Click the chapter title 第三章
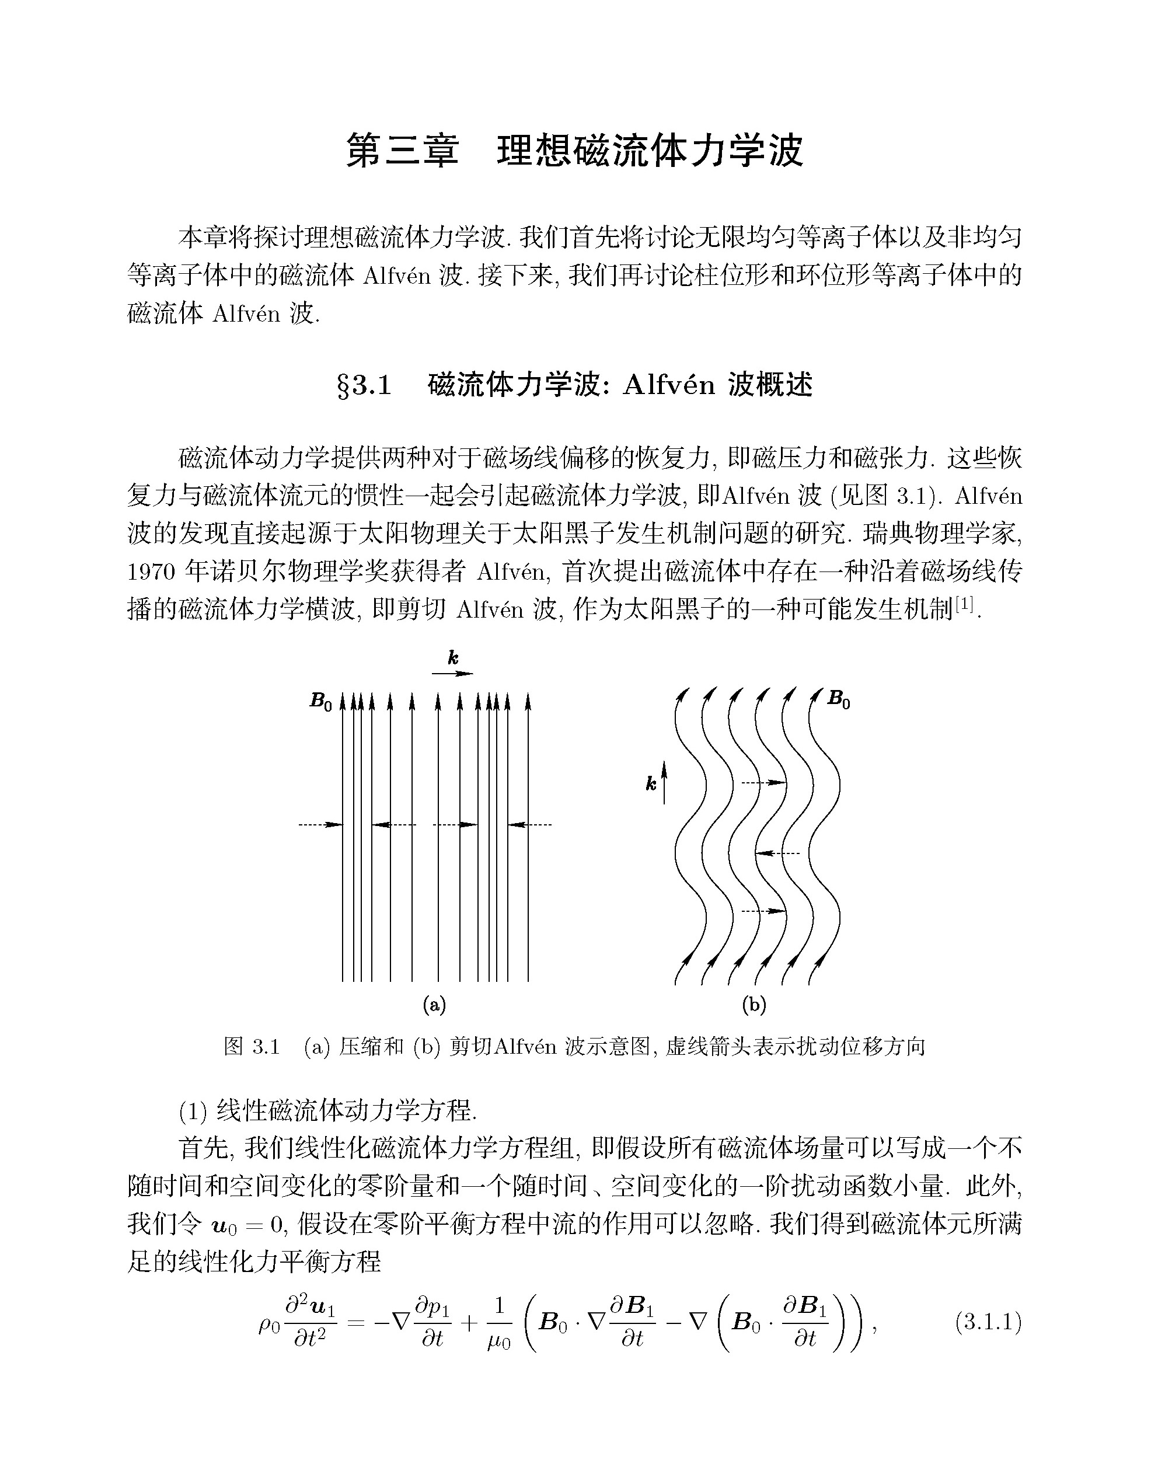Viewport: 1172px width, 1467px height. pyautogui.click(x=402, y=151)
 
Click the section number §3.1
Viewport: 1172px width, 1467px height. pyautogui.click(x=365, y=386)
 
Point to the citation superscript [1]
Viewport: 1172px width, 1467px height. pyautogui.click(x=965, y=602)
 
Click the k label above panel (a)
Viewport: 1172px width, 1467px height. pyautogui.click(x=453, y=657)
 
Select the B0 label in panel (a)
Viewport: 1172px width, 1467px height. pyautogui.click(x=320, y=701)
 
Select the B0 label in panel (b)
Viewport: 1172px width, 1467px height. pyautogui.click(x=838, y=699)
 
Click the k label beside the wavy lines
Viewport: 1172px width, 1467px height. pyautogui.click(x=651, y=785)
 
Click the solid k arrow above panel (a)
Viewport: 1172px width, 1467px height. pyautogui.click(x=453, y=674)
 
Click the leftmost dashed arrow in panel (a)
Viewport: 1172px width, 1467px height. pyautogui.click(x=320, y=825)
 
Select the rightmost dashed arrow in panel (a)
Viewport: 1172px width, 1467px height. pyautogui.click(x=530, y=825)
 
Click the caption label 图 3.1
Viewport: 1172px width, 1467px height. pyautogui.click(x=252, y=1047)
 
